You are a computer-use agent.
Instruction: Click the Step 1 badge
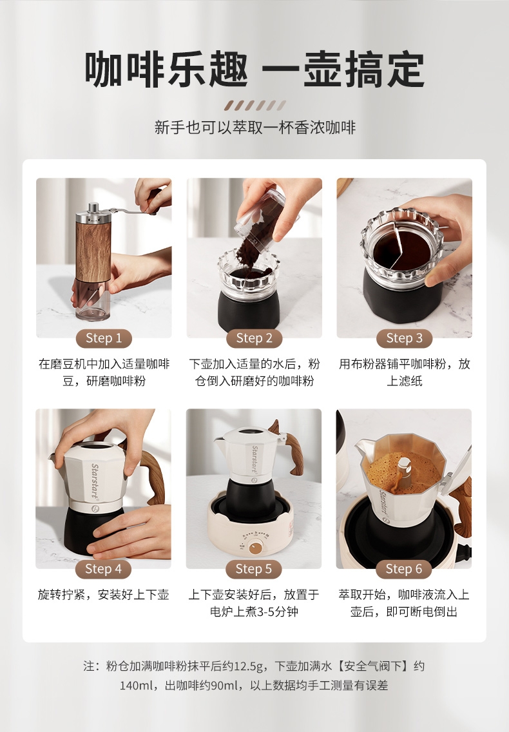[104, 338]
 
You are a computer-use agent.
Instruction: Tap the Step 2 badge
[254, 338]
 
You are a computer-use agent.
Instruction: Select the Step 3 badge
[404, 338]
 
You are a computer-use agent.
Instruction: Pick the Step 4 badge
[103, 569]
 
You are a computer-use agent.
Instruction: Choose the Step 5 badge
[254, 569]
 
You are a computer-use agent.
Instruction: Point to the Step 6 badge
[403, 569]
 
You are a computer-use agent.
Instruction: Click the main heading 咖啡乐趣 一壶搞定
[254, 70]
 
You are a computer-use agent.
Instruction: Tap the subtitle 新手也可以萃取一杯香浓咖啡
[255, 128]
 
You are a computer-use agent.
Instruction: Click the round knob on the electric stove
[255, 548]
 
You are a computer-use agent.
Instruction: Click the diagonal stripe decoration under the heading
[254, 105]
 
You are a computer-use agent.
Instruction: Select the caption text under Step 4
[103, 595]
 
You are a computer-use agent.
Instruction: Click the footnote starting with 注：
[254, 675]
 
